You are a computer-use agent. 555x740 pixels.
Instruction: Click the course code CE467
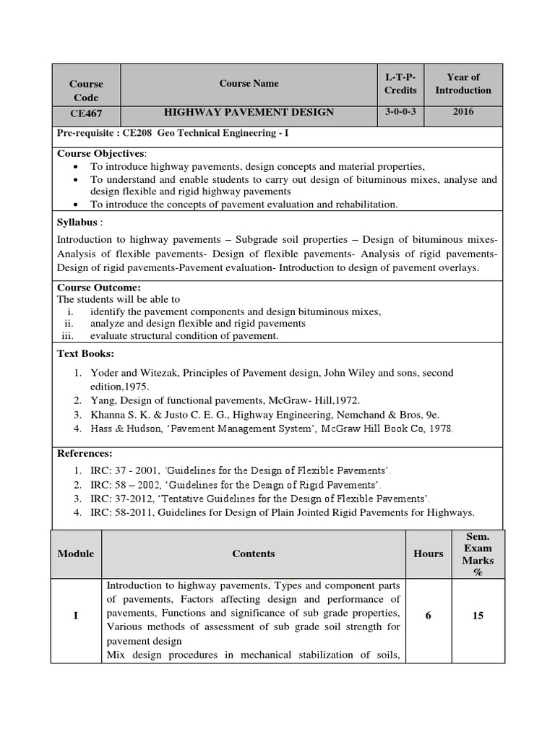coord(85,113)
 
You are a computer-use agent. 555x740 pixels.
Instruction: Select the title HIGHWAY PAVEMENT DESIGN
coord(249,112)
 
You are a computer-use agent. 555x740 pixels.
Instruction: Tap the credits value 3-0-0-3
coord(400,111)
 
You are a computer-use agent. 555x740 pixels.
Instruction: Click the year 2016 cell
coord(463,111)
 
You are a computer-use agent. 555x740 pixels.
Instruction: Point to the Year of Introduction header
coord(463,84)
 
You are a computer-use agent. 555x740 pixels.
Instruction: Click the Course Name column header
coord(249,84)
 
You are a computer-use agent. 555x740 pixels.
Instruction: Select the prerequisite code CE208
coord(137,134)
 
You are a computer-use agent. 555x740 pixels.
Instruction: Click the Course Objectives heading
coord(101,153)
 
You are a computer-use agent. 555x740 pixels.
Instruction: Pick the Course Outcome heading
coord(99,288)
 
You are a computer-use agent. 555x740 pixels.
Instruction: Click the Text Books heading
coord(85,353)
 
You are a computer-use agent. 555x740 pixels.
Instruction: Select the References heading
coord(85,453)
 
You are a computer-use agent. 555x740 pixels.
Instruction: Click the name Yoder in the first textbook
coord(105,373)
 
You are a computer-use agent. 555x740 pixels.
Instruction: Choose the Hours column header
coord(429,554)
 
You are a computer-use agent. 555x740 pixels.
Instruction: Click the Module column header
coord(76,554)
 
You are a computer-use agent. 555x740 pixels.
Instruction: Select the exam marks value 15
coord(478,616)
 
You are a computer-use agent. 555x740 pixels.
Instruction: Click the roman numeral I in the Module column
coord(76,616)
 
